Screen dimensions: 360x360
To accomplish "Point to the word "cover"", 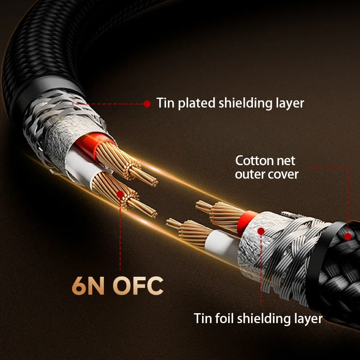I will tap(282, 174).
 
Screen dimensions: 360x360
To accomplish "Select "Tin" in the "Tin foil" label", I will tap(202, 319).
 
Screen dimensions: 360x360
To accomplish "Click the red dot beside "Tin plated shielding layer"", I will tap(147, 104).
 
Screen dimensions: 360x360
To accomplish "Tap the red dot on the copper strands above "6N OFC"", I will tap(120, 195).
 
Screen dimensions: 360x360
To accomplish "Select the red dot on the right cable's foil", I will tap(261, 231).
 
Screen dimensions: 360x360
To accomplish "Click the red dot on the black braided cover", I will tap(347, 236).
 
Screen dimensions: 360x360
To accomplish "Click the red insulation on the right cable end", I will tap(243, 219).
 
